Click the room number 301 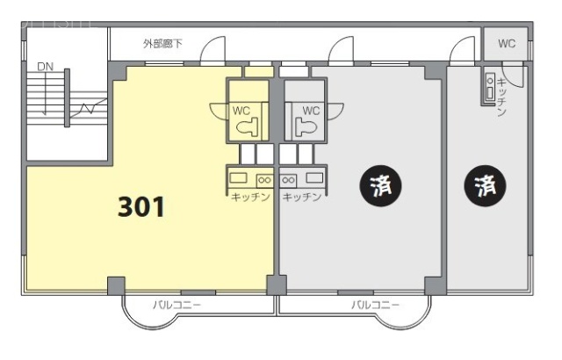pos(141,206)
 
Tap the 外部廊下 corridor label pos(162,42)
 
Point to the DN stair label pos(45,67)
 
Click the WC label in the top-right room pos(507,43)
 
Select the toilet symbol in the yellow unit pos(249,126)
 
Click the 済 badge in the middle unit pos(380,185)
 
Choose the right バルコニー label pos(375,305)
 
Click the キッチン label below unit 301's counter pos(249,197)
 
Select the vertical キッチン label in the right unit pos(501,96)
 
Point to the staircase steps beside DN pos(40,96)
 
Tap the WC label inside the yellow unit pos(242,110)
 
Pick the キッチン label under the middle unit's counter pos(301,197)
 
